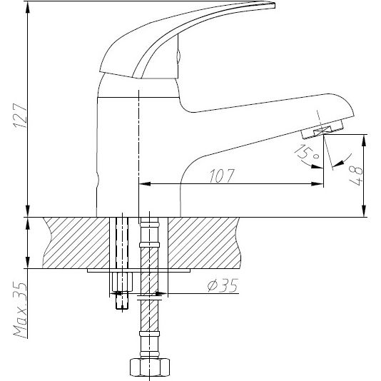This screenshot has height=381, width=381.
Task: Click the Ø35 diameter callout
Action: (221, 287)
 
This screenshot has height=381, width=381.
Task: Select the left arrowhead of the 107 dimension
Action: (141, 186)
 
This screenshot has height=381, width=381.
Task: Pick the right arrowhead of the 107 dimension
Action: (318, 186)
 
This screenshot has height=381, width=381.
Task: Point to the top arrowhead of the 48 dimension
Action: (365, 138)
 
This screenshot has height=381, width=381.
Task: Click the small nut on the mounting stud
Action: (120, 284)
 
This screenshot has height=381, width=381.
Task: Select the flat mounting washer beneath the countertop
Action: (140, 270)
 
